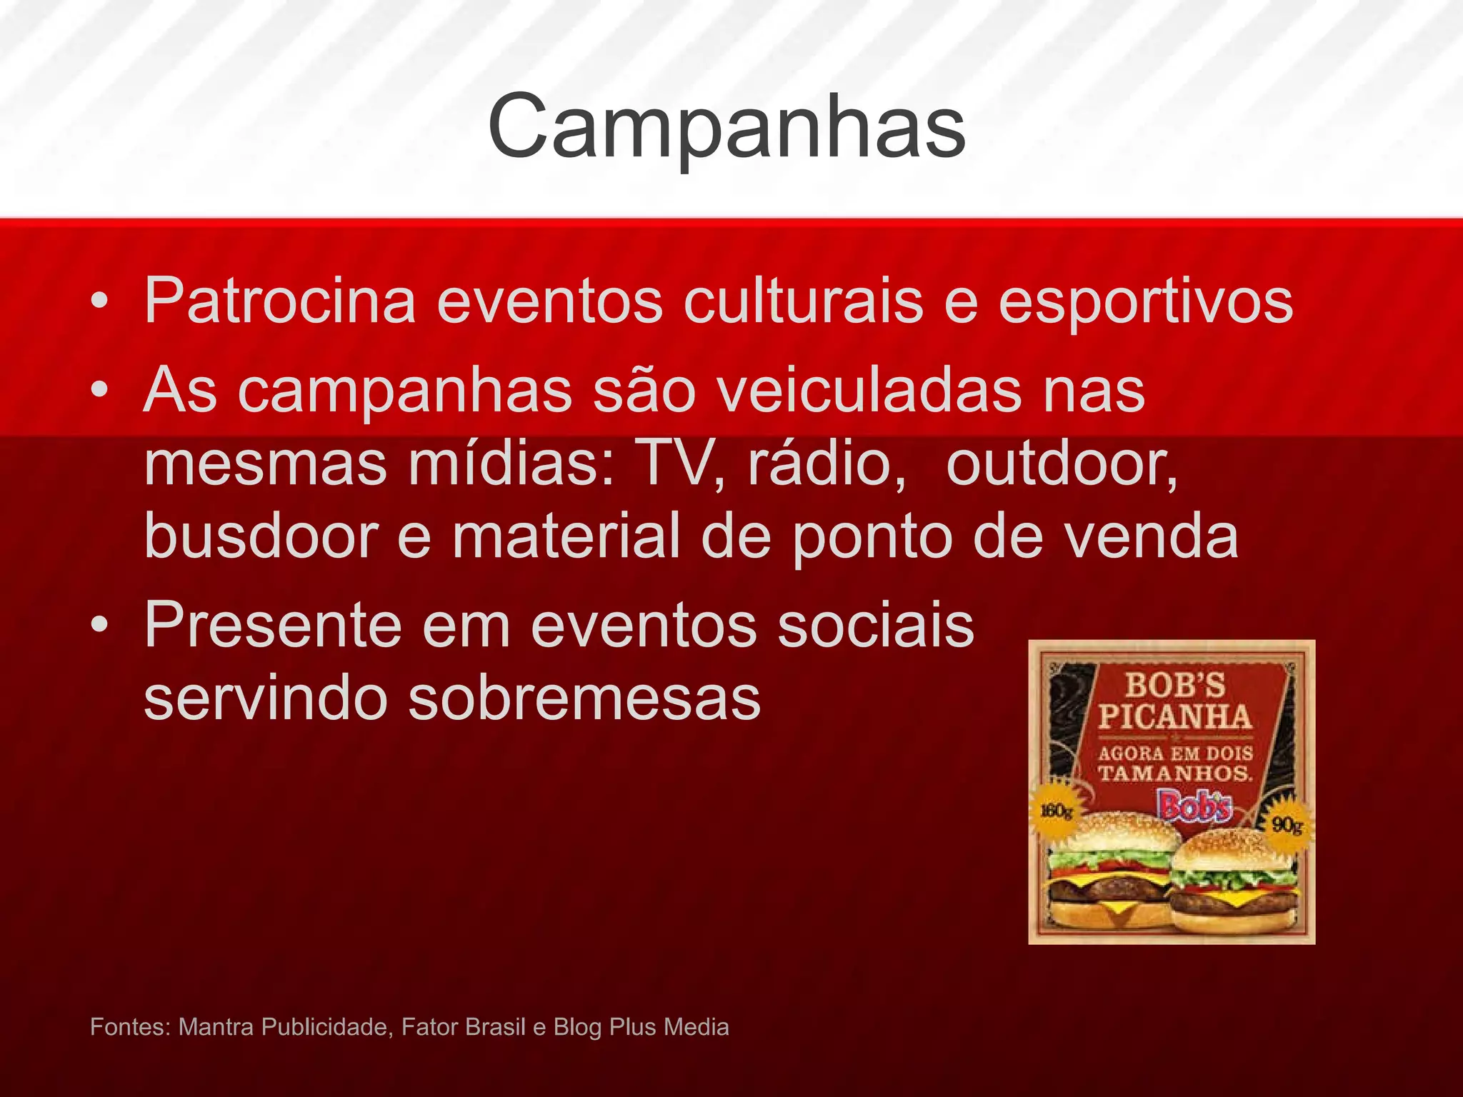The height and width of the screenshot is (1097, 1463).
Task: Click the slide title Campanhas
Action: [x=726, y=127]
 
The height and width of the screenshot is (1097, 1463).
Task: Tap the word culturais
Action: [x=803, y=301]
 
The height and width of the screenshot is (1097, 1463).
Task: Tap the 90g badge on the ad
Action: [x=1287, y=826]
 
